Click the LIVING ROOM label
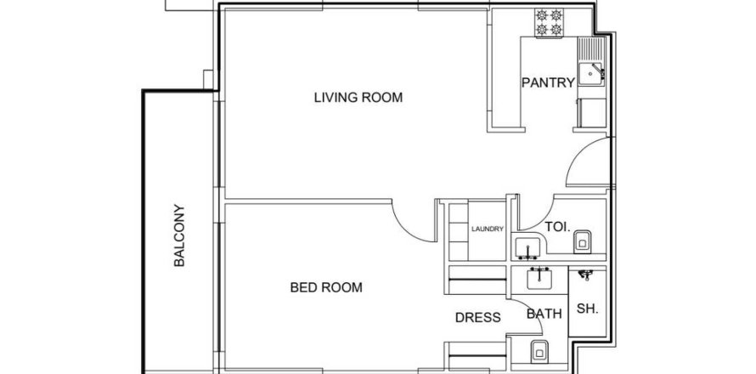pos(358,98)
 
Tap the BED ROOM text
pos(326,287)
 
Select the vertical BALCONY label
pos(179,235)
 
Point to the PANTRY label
pos(548,82)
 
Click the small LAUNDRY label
pos(488,229)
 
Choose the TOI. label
pos(557,226)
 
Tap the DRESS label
pos(477,318)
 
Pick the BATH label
pos(544,314)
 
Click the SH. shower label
pos(587,309)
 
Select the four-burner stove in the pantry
pos(549,22)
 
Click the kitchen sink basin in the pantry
pos(590,74)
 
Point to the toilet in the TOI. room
pos(583,241)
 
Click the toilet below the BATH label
pos(538,352)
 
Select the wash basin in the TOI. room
pos(528,249)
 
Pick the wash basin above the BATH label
pos(539,279)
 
